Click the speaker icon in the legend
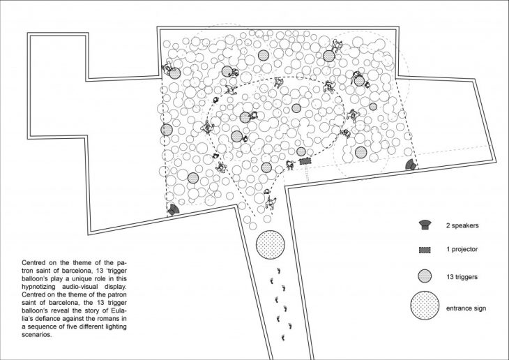[x=425, y=225]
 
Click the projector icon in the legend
[x=425, y=250]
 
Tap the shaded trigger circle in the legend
[x=425, y=276]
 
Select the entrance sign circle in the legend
[x=425, y=306]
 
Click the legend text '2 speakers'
[x=462, y=225]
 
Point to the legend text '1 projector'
[x=462, y=250]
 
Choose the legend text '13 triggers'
[x=462, y=277]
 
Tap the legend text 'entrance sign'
[x=466, y=308]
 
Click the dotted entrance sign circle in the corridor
[x=271, y=245]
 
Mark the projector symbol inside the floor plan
[x=305, y=161]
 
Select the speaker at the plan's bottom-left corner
[x=173, y=210]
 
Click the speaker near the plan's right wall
[x=411, y=165]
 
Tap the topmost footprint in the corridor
[x=278, y=270]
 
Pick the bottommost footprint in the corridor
[x=283, y=338]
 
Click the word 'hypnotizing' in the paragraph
[x=38, y=287]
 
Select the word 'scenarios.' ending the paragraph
[x=37, y=335]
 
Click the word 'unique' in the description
[x=73, y=279]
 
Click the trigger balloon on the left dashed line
[x=167, y=130]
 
